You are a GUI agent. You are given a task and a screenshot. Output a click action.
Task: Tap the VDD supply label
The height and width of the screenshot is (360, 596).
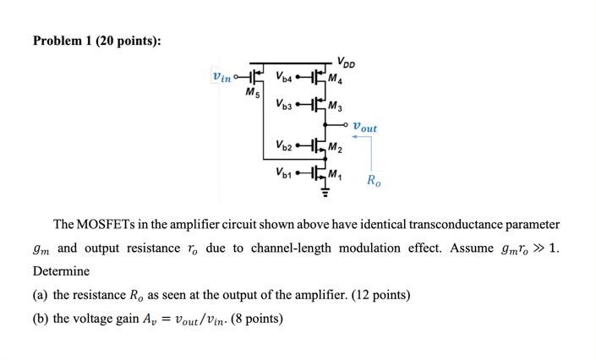tap(345, 62)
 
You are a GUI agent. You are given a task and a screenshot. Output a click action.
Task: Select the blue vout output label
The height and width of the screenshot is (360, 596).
tap(365, 128)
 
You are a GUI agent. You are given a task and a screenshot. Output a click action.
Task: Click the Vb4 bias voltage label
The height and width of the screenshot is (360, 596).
tap(283, 78)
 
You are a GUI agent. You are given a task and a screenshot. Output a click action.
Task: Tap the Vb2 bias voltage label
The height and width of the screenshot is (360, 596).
tap(283, 146)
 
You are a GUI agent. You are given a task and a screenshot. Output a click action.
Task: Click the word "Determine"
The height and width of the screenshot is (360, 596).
tap(61, 271)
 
